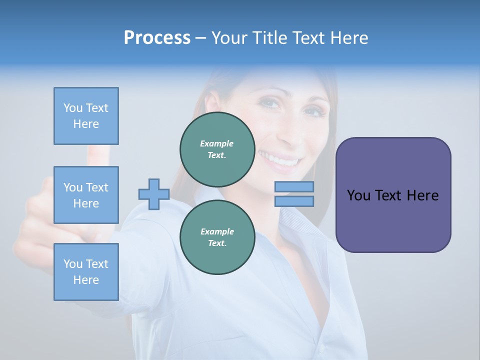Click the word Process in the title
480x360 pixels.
pos(157,37)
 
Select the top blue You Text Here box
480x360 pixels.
pos(86,116)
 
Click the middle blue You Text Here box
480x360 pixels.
pos(86,195)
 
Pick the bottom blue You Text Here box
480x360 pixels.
pos(86,271)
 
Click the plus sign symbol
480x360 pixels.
pos(153,194)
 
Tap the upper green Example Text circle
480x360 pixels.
pos(217,149)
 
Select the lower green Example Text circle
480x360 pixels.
pos(217,237)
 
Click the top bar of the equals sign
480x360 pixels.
pos(294,187)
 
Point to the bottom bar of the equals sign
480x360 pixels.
pos(294,201)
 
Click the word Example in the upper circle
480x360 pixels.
pos(217,143)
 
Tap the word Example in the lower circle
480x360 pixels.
pos(217,231)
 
